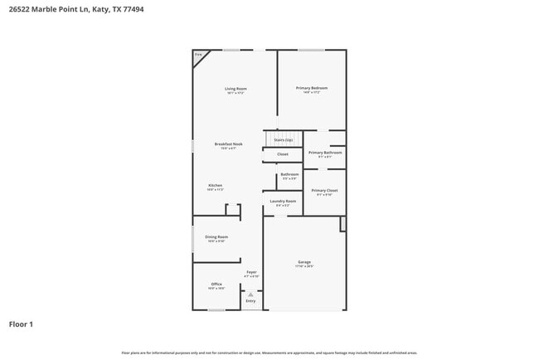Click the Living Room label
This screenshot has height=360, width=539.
point(236,89)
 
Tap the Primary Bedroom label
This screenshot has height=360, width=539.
point(312,88)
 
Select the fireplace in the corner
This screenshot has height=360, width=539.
point(199,56)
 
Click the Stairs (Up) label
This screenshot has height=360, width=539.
point(283,140)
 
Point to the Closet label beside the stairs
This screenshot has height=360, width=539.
point(283,154)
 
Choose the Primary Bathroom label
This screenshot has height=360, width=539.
point(325,153)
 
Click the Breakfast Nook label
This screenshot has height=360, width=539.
point(228,144)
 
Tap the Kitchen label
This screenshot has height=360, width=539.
point(215,186)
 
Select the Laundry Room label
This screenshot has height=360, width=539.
point(283,202)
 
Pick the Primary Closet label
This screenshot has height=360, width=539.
point(324,191)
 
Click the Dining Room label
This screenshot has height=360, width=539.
point(216,237)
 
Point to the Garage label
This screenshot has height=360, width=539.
point(304,262)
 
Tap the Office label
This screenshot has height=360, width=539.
point(216,285)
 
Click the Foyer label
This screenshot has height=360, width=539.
point(251,272)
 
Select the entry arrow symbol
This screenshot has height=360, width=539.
point(250,294)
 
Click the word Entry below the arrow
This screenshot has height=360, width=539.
point(250,301)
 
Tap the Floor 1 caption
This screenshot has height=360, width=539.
point(21,324)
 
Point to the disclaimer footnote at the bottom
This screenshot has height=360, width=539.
point(269,353)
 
